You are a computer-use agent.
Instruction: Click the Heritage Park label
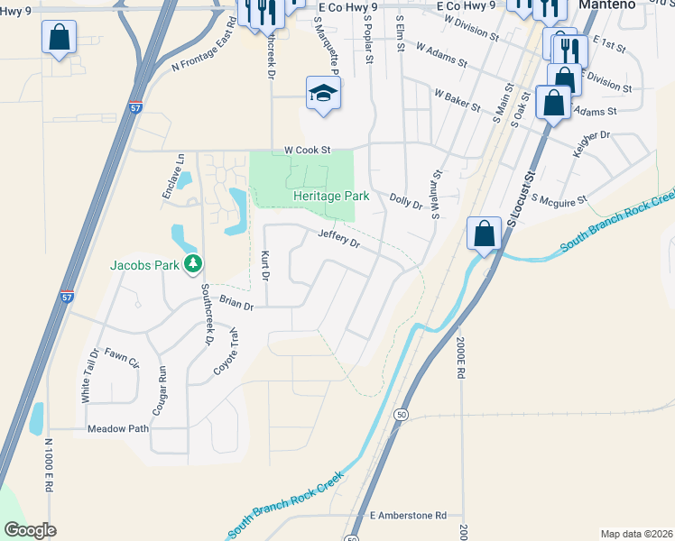click(x=331, y=196)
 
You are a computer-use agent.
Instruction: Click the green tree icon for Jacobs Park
click(x=192, y=263)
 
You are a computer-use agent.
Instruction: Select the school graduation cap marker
click(x=322, y=93)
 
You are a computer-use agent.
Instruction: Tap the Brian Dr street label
click(x=237, y=306)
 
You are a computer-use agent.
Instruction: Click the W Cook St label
click(x=308, y=150)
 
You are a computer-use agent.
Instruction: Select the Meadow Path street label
click(x=117, y=429)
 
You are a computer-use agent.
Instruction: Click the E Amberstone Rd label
click(x=409, y=516)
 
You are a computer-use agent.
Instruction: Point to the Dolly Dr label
click(x=406, y=200)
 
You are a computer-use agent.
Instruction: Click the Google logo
click(x=30, y=530)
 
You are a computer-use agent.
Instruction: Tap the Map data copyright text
click(x=636, y=534)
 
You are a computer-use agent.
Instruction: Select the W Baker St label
click(x=457, y=99)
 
